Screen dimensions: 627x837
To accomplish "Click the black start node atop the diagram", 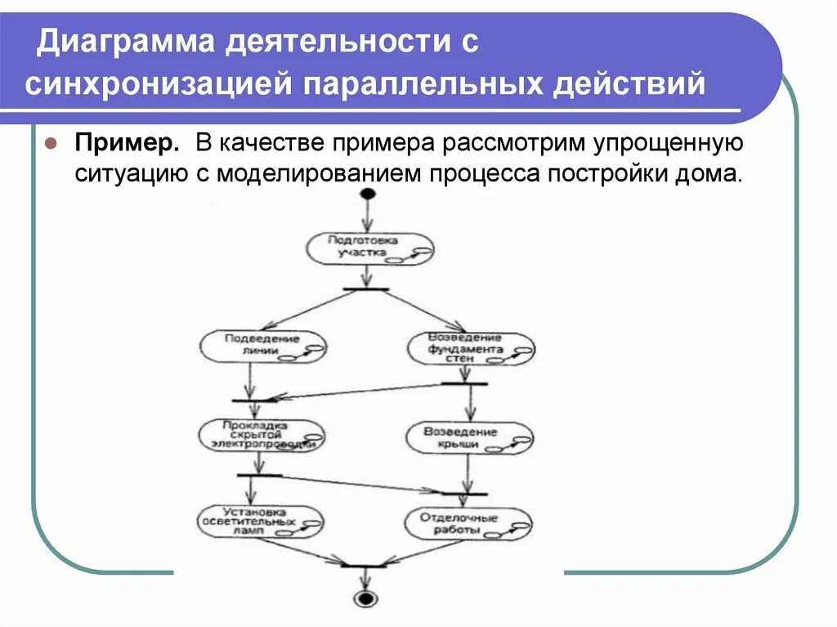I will pos(367,194).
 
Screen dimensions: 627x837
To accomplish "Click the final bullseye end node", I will pos(365,598).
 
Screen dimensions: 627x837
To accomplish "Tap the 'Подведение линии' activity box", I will pos(261,346).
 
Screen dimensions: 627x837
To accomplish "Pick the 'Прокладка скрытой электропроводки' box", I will pos(261,434).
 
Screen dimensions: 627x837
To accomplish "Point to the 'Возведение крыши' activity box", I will pos(468,437).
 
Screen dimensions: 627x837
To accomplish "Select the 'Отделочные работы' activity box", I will pos(468,522).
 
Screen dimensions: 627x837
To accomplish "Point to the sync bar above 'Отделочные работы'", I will pos(463,493).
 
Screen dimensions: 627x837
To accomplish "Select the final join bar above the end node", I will pos(363,565).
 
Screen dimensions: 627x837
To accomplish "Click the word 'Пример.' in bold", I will pos(128,144).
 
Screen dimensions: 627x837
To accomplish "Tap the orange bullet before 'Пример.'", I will pos(51,144).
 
